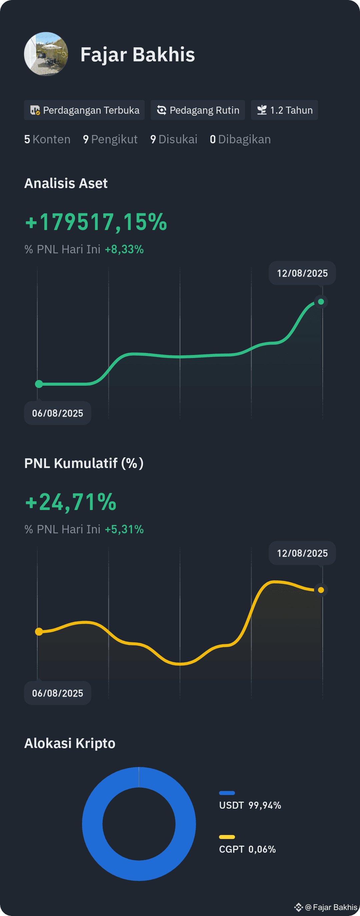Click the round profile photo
click(x=46, y=54)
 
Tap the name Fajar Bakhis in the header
click(x=138, y=54)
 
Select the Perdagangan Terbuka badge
click(x=84, y=110)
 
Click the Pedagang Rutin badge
click(x=198, y=110)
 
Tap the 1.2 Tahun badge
click(x=285, y=110)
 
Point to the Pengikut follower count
click(x=110, y=139)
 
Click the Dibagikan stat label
click(x=244, y=139)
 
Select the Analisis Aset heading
click(x=66, y=183)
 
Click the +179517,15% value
click(x=96, y=222)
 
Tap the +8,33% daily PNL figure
click(x=124, y=249)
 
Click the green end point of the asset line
click(x=321, y=302)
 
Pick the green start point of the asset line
click(x=39, y=384)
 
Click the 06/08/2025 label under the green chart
click(x=58, y=413)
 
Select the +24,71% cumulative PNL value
click(x=71, y=502)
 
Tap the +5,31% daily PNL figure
click(x=124, y=529)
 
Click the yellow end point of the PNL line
click(x=321, y=590)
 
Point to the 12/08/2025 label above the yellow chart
click(x=302, y=553)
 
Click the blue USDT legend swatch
click(x=227, y=793)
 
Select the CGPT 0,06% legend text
click(x=248, y=850)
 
